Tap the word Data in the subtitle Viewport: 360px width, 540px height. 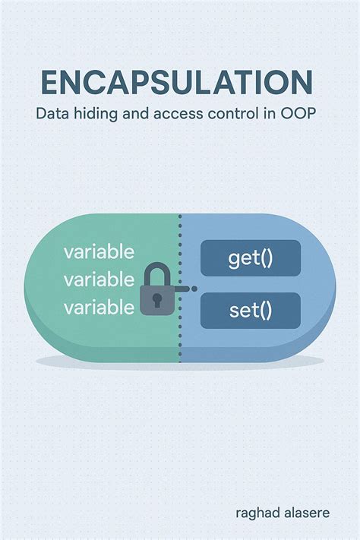point(52,116)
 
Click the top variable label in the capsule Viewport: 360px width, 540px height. point(99,252)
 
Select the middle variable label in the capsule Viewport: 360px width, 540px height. point(99,279)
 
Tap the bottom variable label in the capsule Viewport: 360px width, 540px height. point(99,308)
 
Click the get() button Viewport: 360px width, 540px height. point(250,257)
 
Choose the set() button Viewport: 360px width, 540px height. point(250,310)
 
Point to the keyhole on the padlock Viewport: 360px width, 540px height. point(158,299)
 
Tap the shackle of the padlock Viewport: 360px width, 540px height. point(158,273)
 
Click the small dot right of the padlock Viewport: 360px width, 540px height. point(194,289)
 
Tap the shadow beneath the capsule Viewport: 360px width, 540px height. point(180,361)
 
